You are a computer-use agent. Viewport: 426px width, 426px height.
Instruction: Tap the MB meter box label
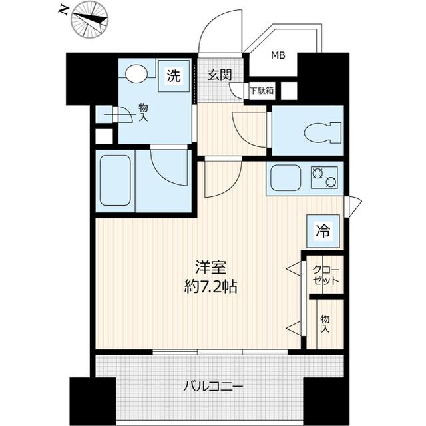pyautogui.click(x=278, y=56)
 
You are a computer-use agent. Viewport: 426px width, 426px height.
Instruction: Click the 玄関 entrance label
pyautogui.click(x=218, y=75)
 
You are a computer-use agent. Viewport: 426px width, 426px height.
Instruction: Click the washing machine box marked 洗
pyautogui.click(x=173, y=77)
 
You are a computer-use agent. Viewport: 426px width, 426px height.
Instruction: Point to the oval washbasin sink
pyautogui.click(x=136, y=73)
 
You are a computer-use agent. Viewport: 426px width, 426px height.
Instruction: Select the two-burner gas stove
pyautogui.click(x=323, y=177)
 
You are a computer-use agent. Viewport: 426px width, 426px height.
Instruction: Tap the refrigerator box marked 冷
pyautogui.click(x=322, y=231)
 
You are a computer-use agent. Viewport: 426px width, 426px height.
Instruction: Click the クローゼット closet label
pyautogui.click(x=325, y=275)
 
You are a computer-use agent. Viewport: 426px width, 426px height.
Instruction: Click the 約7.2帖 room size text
pyautogui.click(x=212, y=288)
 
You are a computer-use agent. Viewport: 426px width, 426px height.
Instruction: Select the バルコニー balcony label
pyautogui.click(x=213, y=387)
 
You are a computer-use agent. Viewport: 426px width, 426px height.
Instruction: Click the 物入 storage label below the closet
pyautogui.click(x=325, y=324)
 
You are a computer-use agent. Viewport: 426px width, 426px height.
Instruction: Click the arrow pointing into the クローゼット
pyautogui.click(x=293, y=269)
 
